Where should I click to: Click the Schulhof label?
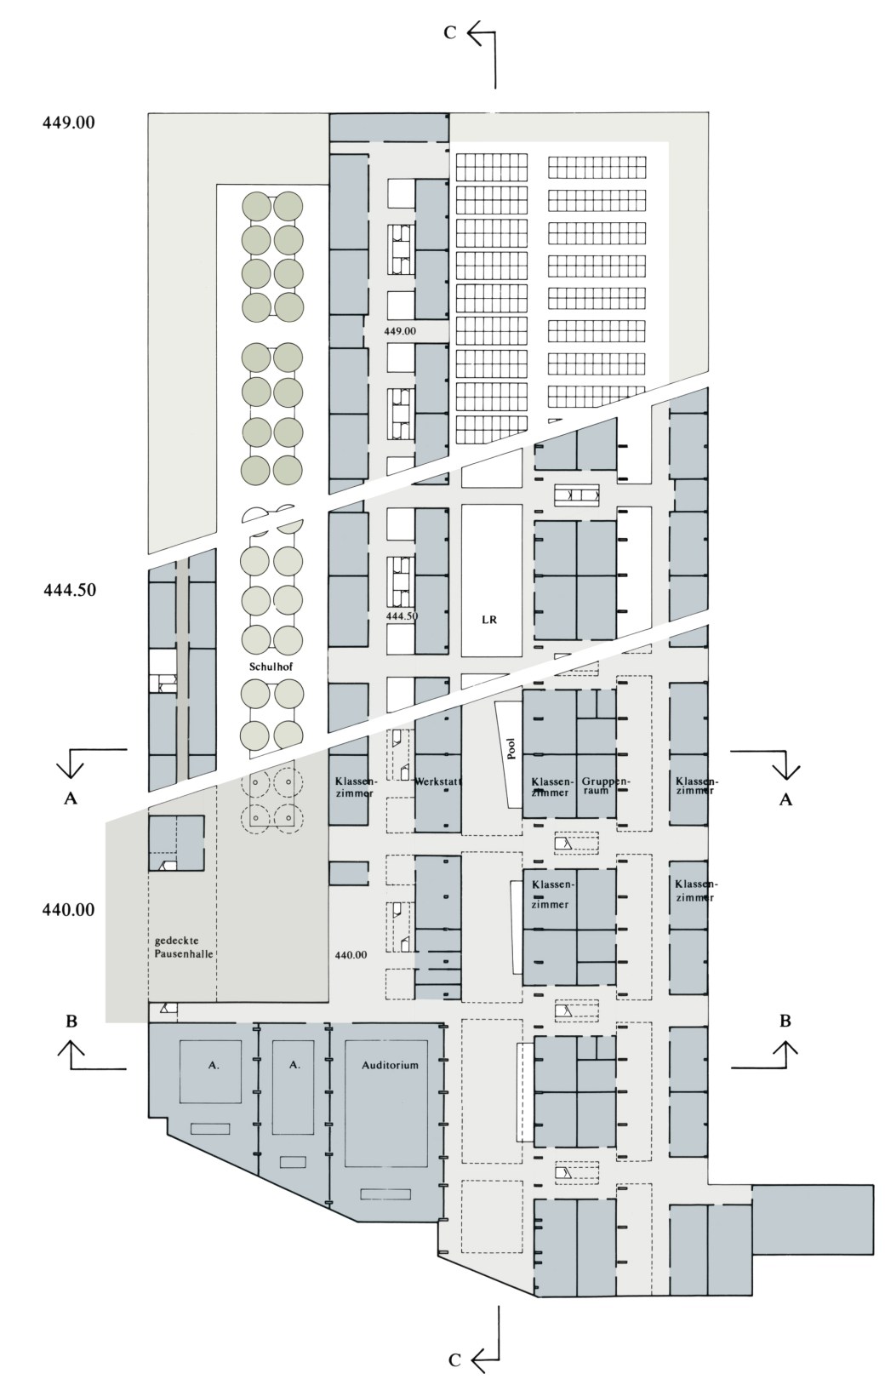pyautogui.click(x=270, y=667)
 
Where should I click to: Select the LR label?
pyautogui.click(x=488, y=620)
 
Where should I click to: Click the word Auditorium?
pyautogui.click(x=390, y=1065)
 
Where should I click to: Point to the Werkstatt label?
pyautogui.click(x=438, y=781)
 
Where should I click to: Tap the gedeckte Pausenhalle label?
pyautogui.click(x=184, y=947)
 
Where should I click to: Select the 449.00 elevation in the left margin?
pyautogui.click(x=69, y=123)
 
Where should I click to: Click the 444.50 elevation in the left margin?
pyautogui.click(x=70, y=590)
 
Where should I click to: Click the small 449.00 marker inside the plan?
pyautogui.click(x=400, y=331)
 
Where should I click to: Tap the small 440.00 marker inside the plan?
pyautogui.click(x=351, y=954)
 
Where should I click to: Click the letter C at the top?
pyautogui.click(x=450, y=32)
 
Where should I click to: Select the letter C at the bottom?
pyautogui.click(x=454, y=1359)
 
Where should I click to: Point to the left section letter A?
pyautogui.click(x=71, y=798)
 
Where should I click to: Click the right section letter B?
pyautogui.click(x=785, y=1020)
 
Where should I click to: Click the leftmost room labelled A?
pyautogui.click(x=214, y=1066)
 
